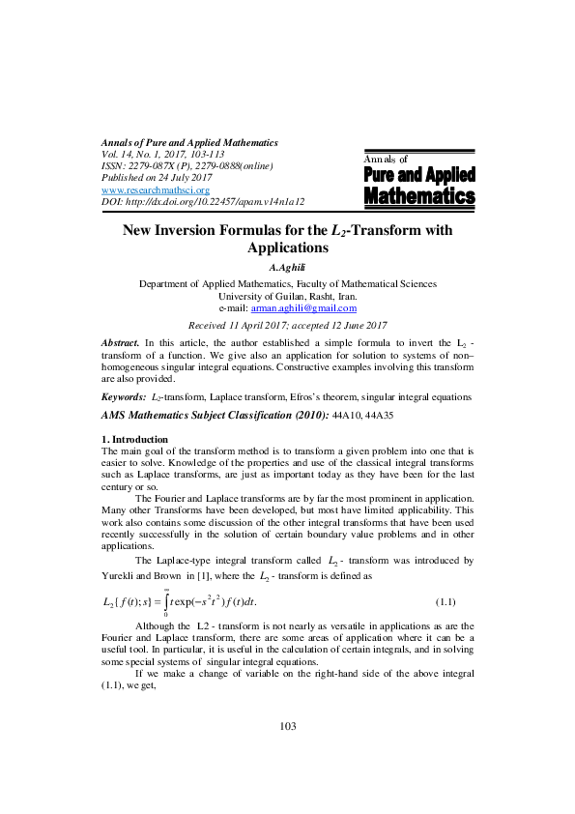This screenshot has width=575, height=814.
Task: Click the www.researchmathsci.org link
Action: click(141, 189)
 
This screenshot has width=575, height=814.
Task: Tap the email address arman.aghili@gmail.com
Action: click(303, 308)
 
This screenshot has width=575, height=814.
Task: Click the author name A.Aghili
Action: click(287, 268)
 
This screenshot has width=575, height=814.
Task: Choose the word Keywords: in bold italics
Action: click(125, 397)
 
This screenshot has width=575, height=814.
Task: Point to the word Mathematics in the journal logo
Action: click(419, 197)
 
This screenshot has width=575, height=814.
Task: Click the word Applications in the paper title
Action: click(287, 247)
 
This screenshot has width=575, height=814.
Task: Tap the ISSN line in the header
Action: click(187, 166)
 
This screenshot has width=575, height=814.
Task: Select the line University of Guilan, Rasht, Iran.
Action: click(287, 296)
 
